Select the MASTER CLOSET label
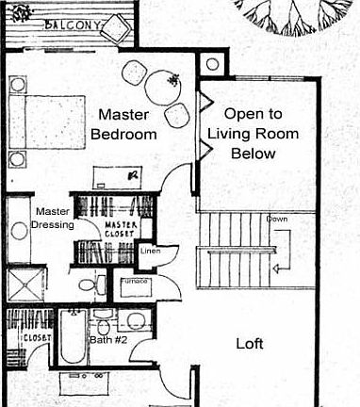121,230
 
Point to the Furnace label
130,282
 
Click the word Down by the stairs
276,220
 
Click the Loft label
250,343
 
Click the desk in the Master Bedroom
118,175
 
